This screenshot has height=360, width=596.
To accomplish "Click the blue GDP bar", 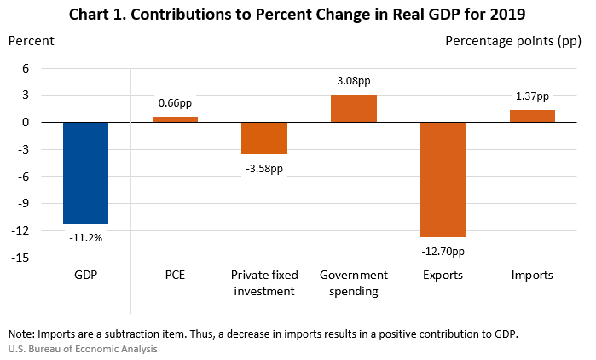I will [85, 172].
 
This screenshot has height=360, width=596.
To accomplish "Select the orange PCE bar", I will [175, 119].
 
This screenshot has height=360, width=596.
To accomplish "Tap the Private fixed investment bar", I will [264, 138].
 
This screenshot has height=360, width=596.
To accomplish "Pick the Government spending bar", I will [354, 108].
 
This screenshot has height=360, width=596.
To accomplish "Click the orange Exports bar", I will [443, 179].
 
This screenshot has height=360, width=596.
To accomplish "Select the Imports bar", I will [532, 116].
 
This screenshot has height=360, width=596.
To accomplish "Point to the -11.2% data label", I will [85, 237].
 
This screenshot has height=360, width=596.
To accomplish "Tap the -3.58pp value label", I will [264, 168].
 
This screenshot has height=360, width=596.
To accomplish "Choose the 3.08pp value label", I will [354, 82].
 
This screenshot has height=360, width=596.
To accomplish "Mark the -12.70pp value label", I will [443, 251].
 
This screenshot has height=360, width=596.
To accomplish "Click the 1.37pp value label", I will [532, 97].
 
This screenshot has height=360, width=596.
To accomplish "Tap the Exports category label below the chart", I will [443, 276].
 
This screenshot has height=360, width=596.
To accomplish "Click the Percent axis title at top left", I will [32, 41].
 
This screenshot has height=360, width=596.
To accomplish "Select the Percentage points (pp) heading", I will [514, 41].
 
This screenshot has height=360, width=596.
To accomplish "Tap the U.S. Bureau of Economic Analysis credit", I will [83, 349].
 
